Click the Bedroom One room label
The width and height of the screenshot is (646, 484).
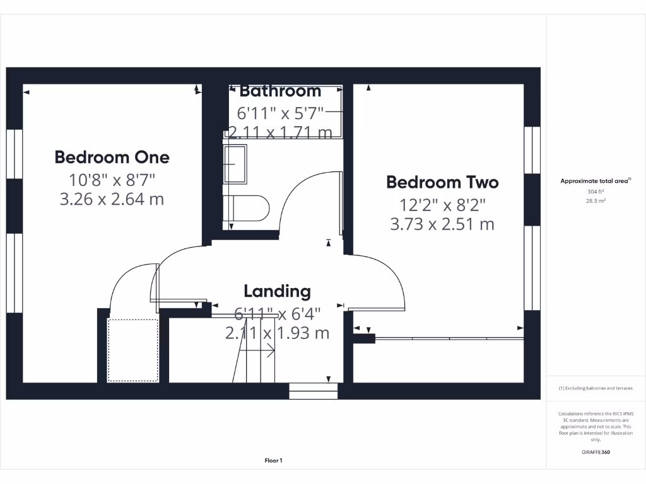point(112,156)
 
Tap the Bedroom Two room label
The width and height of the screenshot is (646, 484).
point(442,182)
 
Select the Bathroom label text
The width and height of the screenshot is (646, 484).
point(280,91)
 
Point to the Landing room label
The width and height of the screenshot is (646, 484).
point(277,291)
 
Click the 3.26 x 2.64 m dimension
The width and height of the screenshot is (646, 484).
point(112,200)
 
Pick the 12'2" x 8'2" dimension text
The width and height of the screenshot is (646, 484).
point(442,204)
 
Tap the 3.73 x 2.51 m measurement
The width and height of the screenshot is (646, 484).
point(442,224)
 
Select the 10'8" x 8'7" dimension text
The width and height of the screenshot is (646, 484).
point(112,180)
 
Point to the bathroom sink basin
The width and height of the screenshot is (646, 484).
point(236,164)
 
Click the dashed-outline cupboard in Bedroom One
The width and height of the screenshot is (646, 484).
point(132,350)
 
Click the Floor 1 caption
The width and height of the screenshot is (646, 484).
point(273,461)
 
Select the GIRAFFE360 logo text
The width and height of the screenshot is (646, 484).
point(596,452)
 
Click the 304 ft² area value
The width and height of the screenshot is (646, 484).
point(596,191)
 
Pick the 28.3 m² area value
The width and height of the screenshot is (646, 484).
point(596,200)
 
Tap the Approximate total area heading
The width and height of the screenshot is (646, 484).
point(595,181)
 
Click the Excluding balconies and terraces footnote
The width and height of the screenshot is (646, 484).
point(596,388)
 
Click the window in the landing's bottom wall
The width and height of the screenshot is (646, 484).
point(314,391)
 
